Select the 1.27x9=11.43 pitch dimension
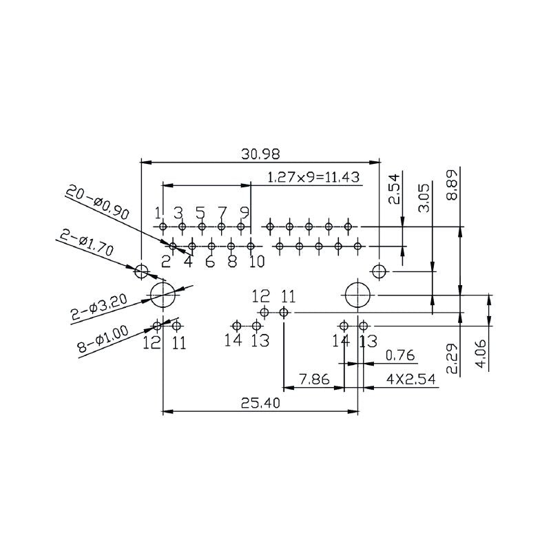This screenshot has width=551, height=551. [x=313, y=177]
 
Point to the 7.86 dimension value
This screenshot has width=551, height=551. [x=313, y=380]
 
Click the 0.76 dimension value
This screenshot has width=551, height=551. [x=399, y=355]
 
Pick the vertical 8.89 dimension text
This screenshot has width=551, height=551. [x=451, y=186]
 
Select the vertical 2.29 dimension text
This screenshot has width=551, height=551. [x=451, y=358]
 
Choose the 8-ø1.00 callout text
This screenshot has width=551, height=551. [x=103, y=339]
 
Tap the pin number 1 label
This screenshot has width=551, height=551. [x=158, y=212]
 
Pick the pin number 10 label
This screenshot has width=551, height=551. [x=256, y=262]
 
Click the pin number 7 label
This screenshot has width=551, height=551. [x=222, y=212]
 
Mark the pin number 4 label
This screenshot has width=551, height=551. [x=187, y=262]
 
